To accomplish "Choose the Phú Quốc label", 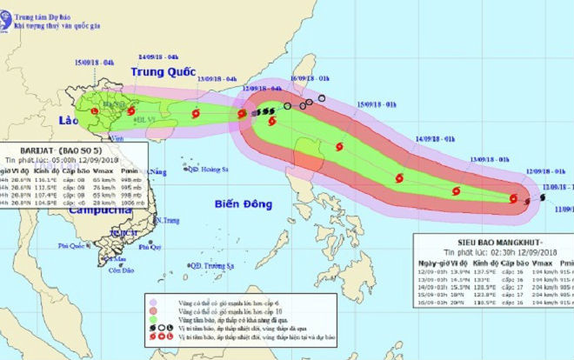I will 75,247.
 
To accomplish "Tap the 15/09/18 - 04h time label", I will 95,63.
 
